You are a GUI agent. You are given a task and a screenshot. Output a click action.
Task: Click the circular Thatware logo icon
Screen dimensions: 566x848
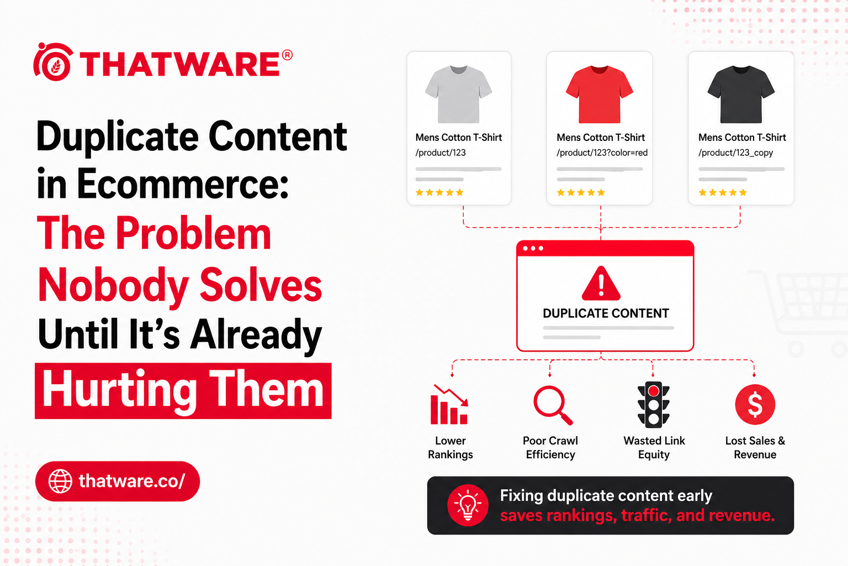(x=53, y=62)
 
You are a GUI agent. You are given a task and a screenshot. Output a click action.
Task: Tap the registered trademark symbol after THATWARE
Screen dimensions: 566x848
(x=287, y=55)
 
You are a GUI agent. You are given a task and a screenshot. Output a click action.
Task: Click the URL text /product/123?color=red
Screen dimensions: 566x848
(x=602, y=153)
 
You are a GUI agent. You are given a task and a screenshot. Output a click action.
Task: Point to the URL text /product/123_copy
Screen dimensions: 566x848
(x=735, y=153)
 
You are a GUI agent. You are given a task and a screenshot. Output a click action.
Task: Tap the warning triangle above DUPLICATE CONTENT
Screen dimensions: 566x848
(x=601, y=284)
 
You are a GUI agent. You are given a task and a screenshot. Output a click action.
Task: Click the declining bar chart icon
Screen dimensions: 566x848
(x=449, y=405)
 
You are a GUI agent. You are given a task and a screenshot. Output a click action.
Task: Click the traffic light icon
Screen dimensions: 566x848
(x=654, y=405)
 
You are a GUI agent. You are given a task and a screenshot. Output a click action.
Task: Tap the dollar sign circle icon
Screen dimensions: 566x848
(x=755, y=405)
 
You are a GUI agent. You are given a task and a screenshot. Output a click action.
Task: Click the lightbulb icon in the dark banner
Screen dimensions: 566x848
(x=468, y=505)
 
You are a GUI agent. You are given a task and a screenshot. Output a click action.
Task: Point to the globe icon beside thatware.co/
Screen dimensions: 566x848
(x=60, y=481)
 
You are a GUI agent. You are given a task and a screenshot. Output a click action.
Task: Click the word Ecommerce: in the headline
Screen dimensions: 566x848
(x=182, y=184)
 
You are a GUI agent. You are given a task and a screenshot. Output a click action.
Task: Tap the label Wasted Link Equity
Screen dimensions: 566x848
(x=654, y=448)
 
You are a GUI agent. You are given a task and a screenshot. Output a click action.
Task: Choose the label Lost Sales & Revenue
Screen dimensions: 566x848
(x=755, y=448)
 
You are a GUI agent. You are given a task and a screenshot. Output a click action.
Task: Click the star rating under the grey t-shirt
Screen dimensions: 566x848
(x=439, y=192)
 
